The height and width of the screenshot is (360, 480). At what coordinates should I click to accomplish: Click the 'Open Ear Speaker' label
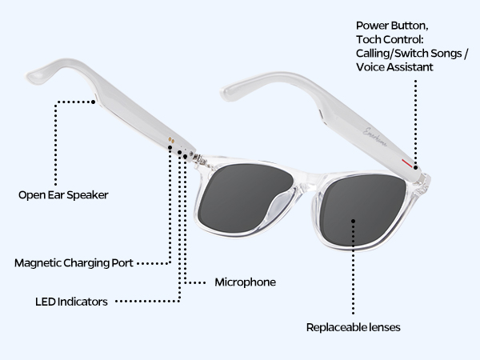tap(62, 194)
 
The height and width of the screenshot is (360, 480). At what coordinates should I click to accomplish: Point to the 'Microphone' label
tap(246, 282)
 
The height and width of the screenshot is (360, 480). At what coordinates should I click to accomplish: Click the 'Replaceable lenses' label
tap(353, 327)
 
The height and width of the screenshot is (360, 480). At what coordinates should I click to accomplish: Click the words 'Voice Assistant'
tap(395, 67)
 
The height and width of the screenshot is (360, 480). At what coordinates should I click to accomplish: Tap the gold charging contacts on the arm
tap(170, 139)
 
